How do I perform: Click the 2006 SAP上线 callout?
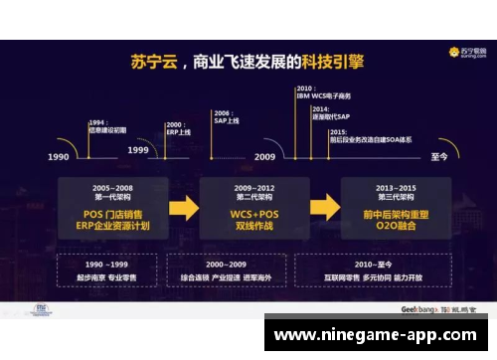227,117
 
